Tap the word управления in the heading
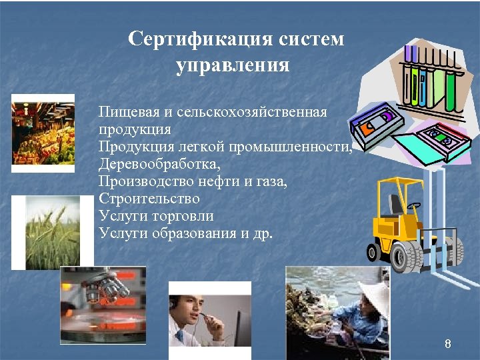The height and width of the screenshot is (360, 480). tap(233, 66)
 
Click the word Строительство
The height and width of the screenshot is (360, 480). tap(149, 199)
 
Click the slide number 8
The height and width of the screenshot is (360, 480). tap(447, 345)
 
